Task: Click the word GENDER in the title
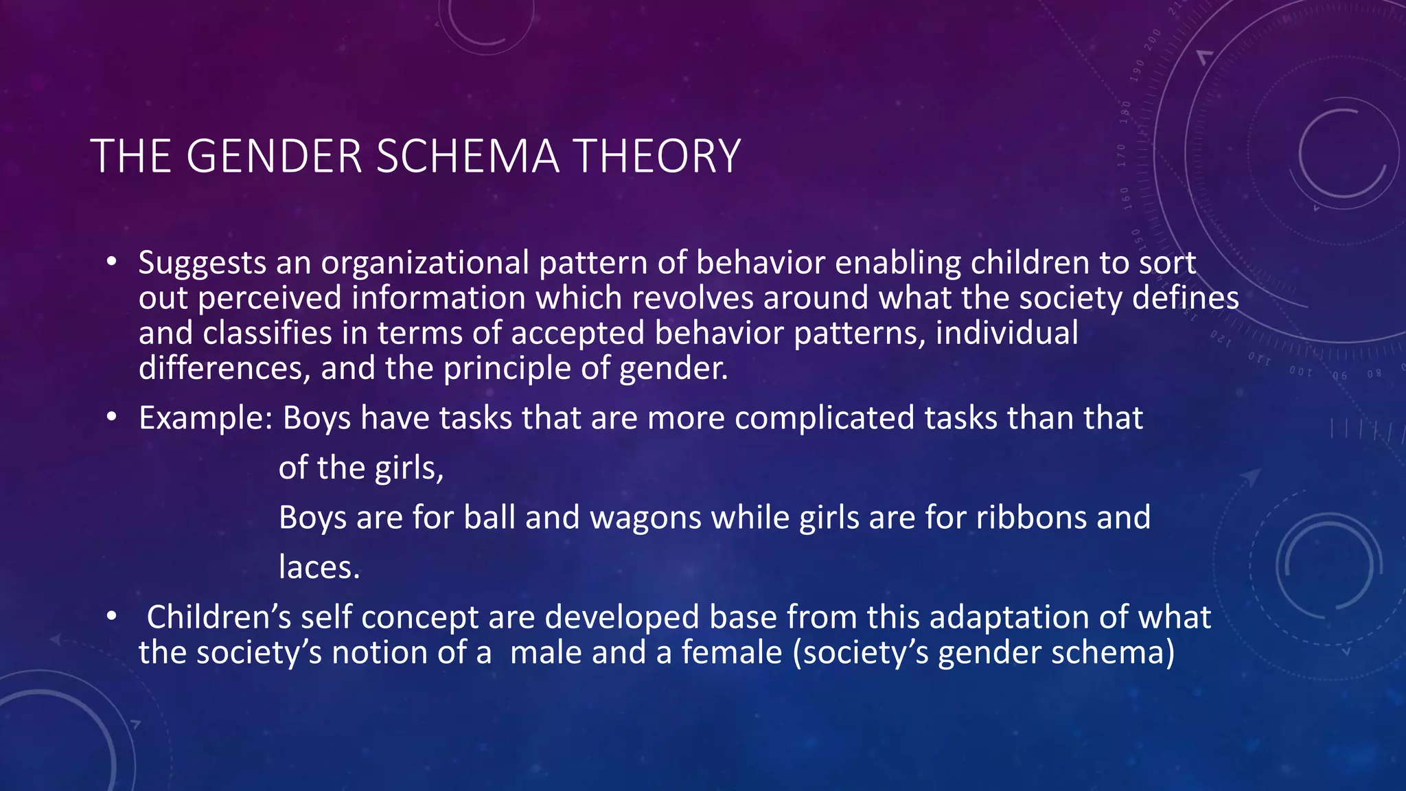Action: click(273, 157)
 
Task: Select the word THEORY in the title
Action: click(657, 157)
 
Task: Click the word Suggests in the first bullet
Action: click(203, 264)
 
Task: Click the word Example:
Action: click(206, 419)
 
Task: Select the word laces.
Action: click(319, 568)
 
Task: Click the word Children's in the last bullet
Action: click(219, 617)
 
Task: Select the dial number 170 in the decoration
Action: click(1121, 156)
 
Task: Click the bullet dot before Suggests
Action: click(111, 262)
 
